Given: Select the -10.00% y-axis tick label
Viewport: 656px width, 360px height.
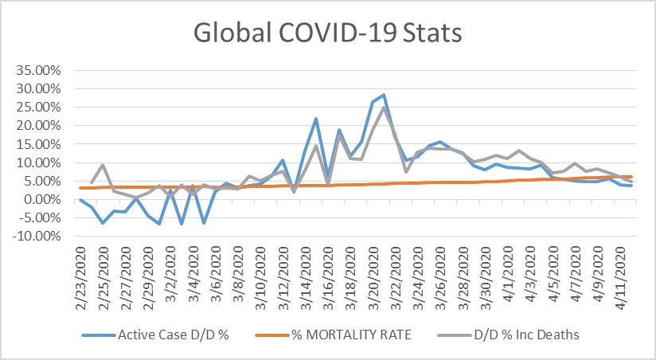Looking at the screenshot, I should [x=36, y=237].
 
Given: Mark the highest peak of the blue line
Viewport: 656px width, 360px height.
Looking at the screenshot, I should [x=384, y=95].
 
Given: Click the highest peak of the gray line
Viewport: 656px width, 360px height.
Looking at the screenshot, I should [x=384, y=108].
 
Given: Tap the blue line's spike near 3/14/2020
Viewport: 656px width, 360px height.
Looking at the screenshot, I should [x=316, y=119].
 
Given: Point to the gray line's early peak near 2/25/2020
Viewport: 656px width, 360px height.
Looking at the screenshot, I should [x=103, y=165].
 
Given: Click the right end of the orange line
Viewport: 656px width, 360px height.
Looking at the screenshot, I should [x=632, y=177].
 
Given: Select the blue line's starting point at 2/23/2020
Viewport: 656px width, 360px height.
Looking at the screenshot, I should [x=80, y=200].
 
